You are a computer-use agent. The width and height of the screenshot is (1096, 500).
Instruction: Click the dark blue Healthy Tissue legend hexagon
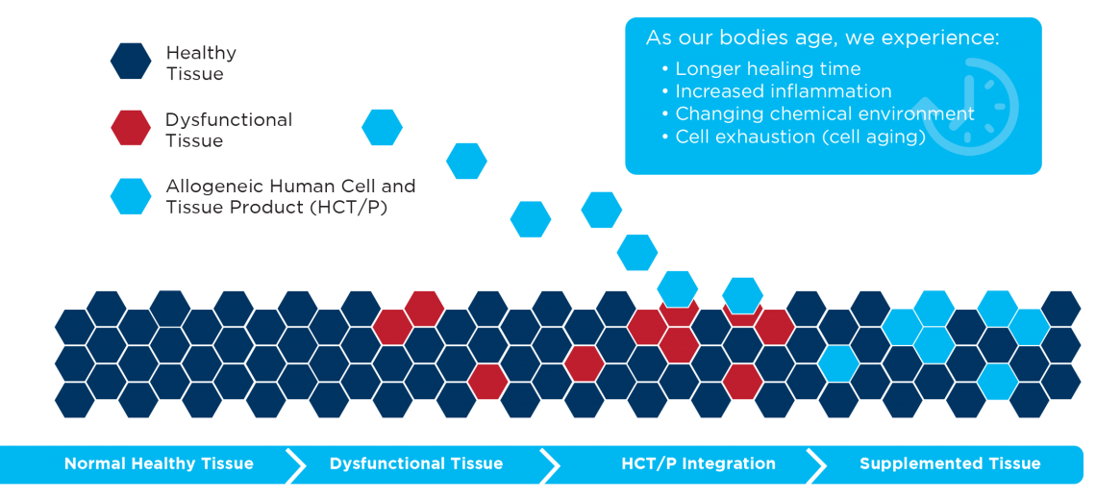131,61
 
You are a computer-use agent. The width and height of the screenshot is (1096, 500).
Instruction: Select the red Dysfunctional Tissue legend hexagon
131,128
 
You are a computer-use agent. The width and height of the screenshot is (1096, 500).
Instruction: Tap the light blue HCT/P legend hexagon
131,196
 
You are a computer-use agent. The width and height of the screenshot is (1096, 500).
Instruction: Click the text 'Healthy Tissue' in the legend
201,62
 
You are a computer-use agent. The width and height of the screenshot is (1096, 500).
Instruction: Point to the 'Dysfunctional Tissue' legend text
229,130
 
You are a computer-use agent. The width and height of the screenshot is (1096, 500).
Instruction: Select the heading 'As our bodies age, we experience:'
822,38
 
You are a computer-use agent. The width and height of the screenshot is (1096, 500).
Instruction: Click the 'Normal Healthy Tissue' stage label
159,463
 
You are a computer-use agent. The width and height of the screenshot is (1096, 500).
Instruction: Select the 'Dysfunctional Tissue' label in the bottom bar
416,463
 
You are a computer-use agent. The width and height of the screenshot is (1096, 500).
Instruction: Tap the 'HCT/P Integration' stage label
698,463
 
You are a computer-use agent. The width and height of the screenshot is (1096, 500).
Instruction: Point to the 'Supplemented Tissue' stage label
950,463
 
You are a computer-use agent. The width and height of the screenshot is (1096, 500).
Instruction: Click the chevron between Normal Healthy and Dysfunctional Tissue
296,463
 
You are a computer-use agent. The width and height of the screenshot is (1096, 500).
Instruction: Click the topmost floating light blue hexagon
383,128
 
